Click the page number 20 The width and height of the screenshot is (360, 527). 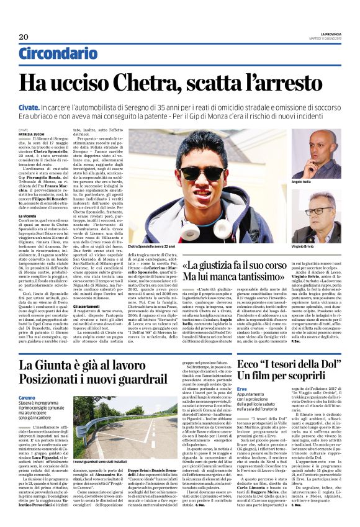coord(24,37)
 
